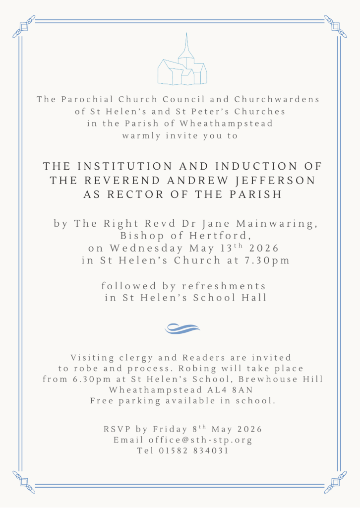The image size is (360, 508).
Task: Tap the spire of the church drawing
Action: (186, 45)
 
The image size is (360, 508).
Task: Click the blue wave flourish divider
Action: (182, 328)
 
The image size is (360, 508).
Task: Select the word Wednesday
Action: (147, 248)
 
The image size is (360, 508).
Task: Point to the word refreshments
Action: (224, 286)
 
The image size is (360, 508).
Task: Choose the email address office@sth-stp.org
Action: (200, 440)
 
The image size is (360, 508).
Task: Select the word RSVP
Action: (116, 429)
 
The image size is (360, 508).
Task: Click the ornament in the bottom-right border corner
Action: (336, 482)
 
